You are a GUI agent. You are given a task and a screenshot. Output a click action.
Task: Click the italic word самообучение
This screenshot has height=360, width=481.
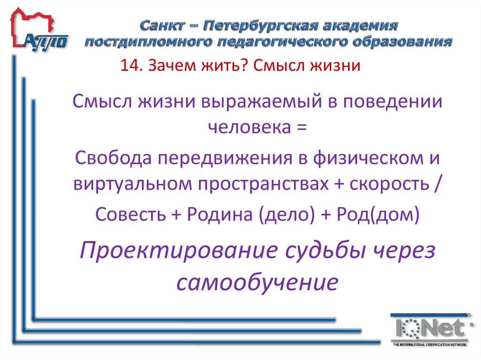(x=257, y=283)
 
